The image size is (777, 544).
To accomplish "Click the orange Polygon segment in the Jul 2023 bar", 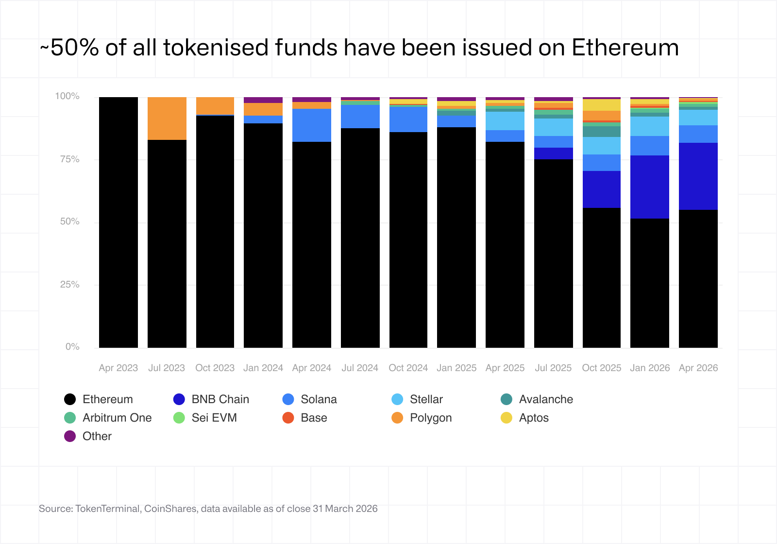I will [x=167, y=119].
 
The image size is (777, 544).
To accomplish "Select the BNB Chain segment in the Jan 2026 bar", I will [x=649, y=187].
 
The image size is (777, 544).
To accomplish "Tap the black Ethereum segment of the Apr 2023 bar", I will [x=118, y=222].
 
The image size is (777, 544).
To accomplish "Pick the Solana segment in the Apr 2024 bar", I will [x=311, y=125].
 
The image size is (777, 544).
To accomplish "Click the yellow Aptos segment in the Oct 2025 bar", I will [x=601, y=105].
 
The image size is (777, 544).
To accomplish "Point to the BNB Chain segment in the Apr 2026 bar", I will [x=698, y=176].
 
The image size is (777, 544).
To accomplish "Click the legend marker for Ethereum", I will [x=70, y=399].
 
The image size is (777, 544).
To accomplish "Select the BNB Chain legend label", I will [x=220, y=399].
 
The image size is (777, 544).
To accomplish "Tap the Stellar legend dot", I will [x=397, y=399].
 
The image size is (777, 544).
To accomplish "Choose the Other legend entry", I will [x=97, y=436].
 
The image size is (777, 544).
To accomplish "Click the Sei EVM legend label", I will [x=214, y=418].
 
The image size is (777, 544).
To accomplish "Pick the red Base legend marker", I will [x=288, y=418].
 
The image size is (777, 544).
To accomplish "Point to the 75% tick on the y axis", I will [x=69, y=159].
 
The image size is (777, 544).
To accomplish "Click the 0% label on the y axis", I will [x=72, y=347].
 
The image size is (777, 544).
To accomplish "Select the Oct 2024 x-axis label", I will [x=408, y=368].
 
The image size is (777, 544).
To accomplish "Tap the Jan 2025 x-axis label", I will [x=456, y=368].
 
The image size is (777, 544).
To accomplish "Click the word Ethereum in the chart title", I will [x=625, y=48].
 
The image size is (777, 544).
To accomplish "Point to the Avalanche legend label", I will [x=546, y=399].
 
